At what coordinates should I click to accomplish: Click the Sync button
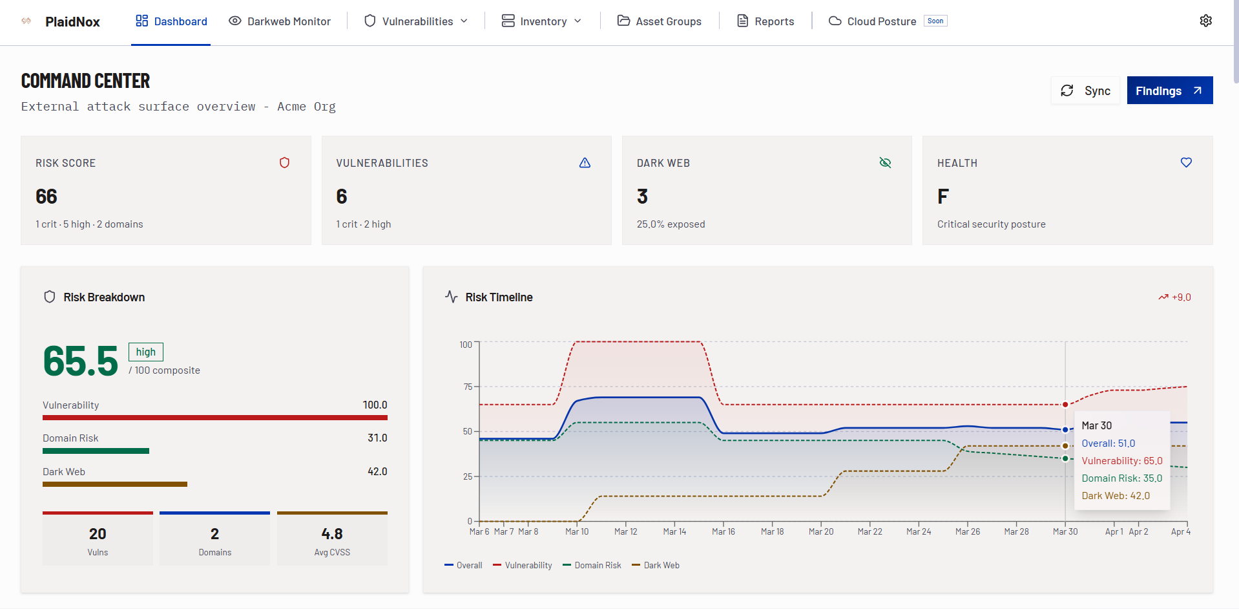[x=1085, y=91]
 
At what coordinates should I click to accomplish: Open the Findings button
[x=1169, y=91]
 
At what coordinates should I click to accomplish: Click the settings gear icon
[x=1205, y=21]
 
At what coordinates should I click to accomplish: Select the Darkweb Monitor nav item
[x=280, y=21]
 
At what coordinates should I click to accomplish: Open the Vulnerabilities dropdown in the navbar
[x=416, y=21]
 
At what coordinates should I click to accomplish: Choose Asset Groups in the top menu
[x=659, y=21]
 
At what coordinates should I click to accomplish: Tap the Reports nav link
[x=765, y=21]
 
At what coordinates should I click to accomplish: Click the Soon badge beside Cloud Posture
[x=935, y=21]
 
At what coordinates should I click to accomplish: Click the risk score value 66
[x=47, y=197]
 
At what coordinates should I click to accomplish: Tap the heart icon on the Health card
[x=1186, y=163]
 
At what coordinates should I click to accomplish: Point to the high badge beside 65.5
[x=146, y=352]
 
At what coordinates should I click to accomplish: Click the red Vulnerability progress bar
[x=214, y=418]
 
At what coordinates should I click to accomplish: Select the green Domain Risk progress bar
[x=96, y=451]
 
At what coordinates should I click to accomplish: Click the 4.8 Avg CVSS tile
[x=332, y=539]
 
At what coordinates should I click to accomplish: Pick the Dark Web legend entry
[x=656, y=565]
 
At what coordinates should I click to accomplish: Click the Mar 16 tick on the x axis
[x=723, y=531]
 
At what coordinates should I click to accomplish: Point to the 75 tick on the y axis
[x=468, y=387]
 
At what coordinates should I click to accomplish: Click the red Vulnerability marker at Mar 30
[x=1065, y=405]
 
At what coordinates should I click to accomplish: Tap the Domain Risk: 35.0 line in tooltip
[x=1121, y=478]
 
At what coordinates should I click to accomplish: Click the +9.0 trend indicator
[x=1175, y=297]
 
